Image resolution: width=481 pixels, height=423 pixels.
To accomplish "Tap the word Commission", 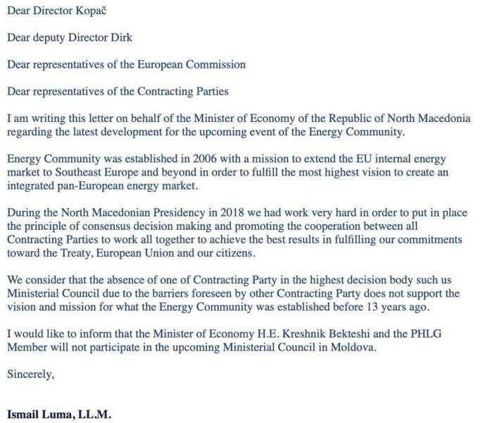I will [x=218, y=64].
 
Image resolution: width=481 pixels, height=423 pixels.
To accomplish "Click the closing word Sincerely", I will [x=30, y=376].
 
